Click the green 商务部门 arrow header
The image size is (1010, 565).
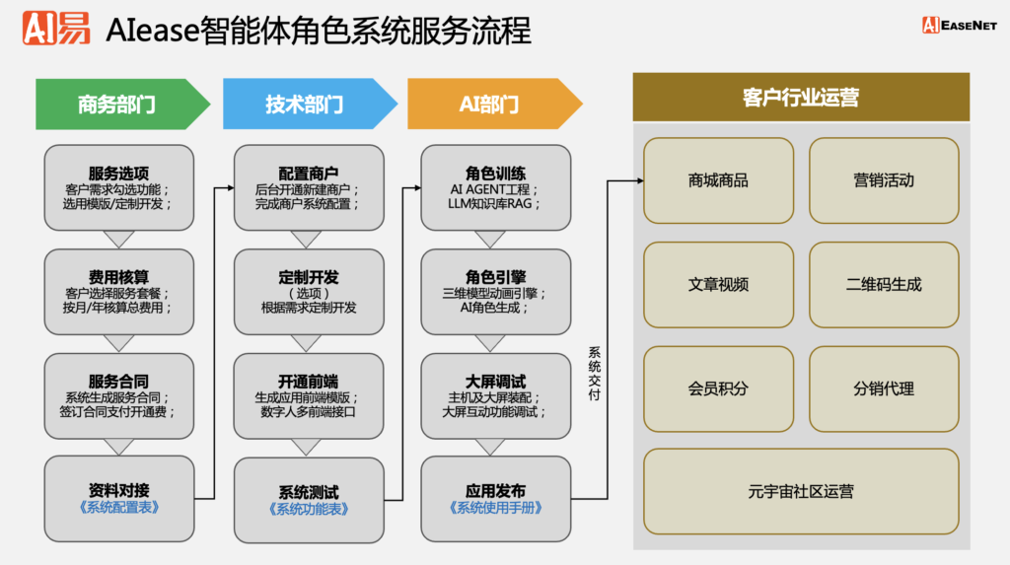(122, 105)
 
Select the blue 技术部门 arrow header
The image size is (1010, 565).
(310, 105)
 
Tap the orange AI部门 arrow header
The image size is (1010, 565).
(495, 105)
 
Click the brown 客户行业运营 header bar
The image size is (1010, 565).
(801, 98)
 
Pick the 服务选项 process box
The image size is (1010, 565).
(119, 187)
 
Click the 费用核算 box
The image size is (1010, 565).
(119, 292)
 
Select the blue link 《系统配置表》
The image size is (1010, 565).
(119, 508)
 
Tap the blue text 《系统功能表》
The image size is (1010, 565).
(309, 510)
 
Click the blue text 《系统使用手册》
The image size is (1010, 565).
(495, 508)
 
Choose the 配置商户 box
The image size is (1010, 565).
(309, 187)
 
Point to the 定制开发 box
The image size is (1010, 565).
(309, 292)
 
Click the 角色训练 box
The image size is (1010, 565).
(496, 187)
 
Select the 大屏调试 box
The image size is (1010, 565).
(496, 396)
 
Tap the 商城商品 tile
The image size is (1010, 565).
(718, 180)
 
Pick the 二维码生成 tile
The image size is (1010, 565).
(884, 285)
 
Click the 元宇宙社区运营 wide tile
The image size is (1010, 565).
(801, 492)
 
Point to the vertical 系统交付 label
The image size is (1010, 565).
(595, 374)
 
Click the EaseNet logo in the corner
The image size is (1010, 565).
(959, 25)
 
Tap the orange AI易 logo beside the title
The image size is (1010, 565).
(56, 28)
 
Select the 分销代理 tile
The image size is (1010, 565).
(884, 389)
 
